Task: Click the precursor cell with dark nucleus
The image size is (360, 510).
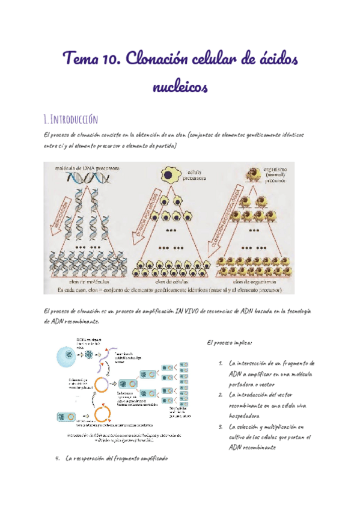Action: click(x=170, y=176)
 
